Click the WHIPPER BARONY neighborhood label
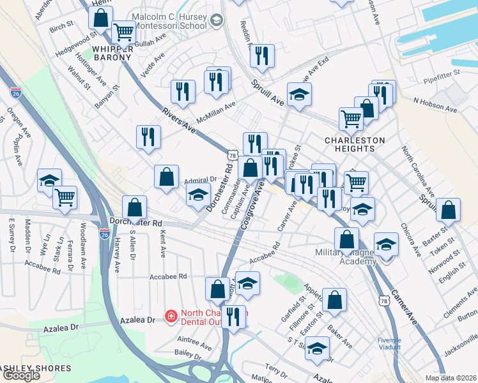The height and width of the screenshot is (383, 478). pos(112,52)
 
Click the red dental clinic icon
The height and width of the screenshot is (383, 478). pos(171,315)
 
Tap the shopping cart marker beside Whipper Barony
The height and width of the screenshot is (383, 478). pos(123,31)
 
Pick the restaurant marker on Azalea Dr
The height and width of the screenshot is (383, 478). pos(235,317)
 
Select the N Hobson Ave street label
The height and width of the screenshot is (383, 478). pos(435,105)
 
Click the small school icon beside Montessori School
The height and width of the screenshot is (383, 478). pos(217,21)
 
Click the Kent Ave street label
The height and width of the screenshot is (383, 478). pos(163,243)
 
